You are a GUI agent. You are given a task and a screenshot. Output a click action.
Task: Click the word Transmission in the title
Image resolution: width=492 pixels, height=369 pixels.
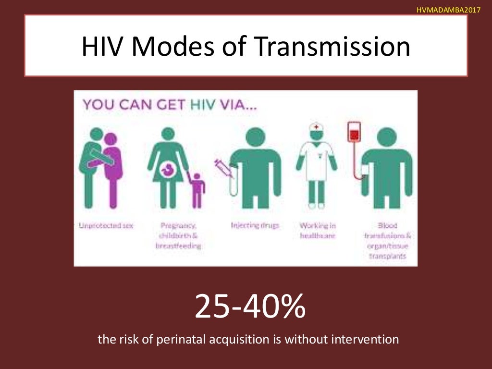pos(332,47)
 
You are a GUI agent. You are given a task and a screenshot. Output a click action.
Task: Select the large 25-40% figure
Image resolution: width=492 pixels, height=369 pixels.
pos(250,307)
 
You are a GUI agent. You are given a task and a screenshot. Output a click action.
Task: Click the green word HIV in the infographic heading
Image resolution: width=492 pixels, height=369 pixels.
pos(206,104)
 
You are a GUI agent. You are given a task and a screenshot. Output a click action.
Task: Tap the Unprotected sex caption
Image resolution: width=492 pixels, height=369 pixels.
pos(106,225)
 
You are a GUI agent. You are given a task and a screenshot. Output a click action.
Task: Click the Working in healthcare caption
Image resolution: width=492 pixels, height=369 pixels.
pos(318,230)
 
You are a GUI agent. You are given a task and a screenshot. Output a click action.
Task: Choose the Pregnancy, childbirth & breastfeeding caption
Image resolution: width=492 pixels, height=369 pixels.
pos(178,235)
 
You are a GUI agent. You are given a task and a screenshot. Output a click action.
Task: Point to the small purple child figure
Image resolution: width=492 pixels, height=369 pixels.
pos(197,187)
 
